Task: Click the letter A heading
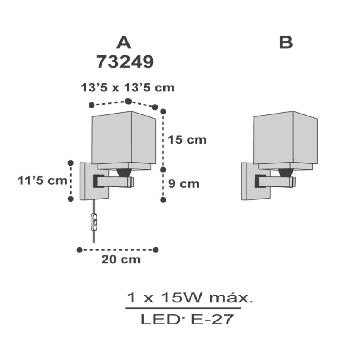click(124, 43)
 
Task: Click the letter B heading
click(286, 43)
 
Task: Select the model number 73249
click(125, 62)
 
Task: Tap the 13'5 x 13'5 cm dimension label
click(128, 88)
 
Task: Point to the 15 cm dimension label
click(187, 140)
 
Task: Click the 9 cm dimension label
click(184, 184)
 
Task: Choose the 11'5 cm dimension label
click(42, 180)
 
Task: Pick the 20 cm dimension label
click(121, 260)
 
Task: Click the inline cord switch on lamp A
click(94, 222)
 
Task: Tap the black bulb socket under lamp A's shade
click(124, 172)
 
